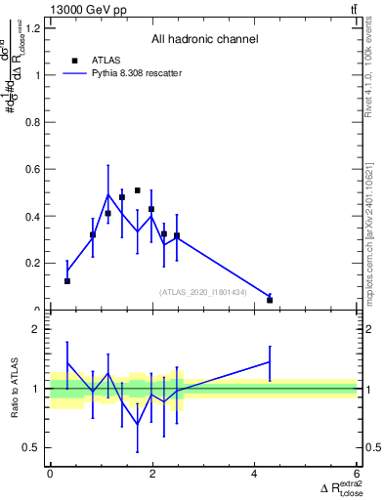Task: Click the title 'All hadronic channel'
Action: pyautogui.click(x=204, y=39)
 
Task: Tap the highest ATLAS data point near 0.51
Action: pyautogui.click(x=138, y=190)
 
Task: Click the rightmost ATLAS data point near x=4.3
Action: pyautogui.click(x=270, y=300)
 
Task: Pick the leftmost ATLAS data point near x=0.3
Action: pyautogui.click(x=66, y=281)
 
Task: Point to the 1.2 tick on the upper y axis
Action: pyautogui.click(x=34, y=27)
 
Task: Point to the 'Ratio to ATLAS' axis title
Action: pyautogui.click(x=15, y=390)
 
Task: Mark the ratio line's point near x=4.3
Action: pyautogui.click(x=270, y=361)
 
